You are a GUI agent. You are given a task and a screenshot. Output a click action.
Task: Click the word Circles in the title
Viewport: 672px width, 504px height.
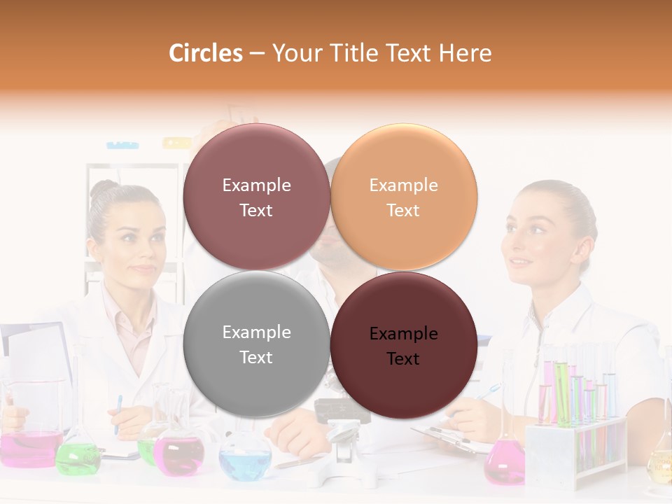pyautogui.click(x=205, y=53)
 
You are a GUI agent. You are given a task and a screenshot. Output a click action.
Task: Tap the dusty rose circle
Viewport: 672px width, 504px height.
pyautogui.click(x=256, y=197)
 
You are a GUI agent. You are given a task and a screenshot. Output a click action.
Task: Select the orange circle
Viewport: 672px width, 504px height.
pyautogui.click(x=404, y=197)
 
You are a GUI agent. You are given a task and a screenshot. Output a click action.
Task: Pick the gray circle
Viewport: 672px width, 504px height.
pyautogui.click(x=256, y=344)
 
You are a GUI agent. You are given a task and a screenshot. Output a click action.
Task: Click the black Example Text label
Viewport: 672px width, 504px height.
pyautogui.click(x=403, y=346)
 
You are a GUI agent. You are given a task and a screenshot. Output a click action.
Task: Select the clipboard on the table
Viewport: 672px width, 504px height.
pyautogui.click(x=448, y=437)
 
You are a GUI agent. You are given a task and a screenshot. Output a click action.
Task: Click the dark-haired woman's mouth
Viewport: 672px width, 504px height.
pyautogui.click(x=143, y=267)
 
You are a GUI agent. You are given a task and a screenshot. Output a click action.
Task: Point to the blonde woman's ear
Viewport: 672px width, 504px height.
pyautogui.click(x=566, y=238)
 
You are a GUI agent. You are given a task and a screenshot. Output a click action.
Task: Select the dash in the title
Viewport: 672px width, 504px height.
pyautogui.click(x=257, y=53)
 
